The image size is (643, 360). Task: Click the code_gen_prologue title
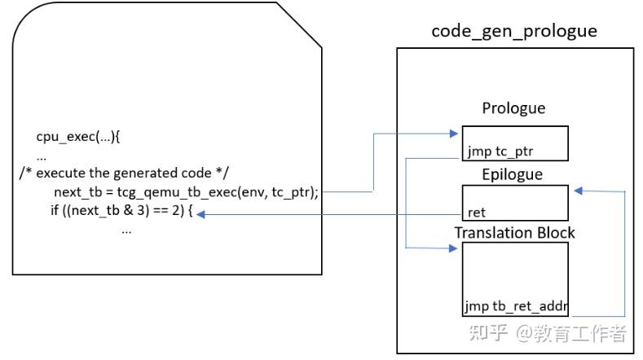514,32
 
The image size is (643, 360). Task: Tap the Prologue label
513,108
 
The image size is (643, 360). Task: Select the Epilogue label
513,173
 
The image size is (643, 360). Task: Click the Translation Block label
514,232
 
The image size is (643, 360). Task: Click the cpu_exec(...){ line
77,138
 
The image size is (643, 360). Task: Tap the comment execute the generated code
125,173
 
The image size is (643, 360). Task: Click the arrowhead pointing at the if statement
201,214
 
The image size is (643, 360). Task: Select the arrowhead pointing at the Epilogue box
577,191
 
